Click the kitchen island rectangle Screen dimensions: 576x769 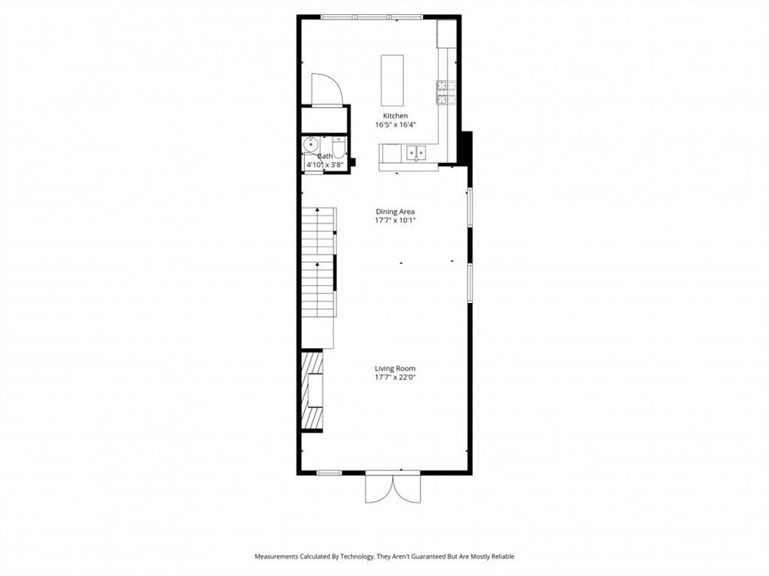[x=392, y=80]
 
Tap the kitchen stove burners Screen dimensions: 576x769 [x=443, y=92]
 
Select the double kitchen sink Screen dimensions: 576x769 [x=415, y=153]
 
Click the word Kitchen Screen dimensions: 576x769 [x=396, y=115]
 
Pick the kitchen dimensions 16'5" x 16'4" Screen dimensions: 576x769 [x=396, y=124]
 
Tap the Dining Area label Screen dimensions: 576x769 [x=395, y=211]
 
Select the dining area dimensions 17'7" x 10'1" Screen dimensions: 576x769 [x=395, y=220]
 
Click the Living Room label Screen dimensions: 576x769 [x=395, y=368]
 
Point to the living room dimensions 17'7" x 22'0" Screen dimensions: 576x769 [x=395, y=377]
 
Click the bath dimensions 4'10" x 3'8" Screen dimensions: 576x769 [x=325, y=163]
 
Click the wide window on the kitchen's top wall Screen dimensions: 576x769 [x=372, y=16]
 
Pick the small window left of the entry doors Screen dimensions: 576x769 [x=329, y=472]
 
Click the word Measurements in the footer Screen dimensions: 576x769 [x=277, y=556]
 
